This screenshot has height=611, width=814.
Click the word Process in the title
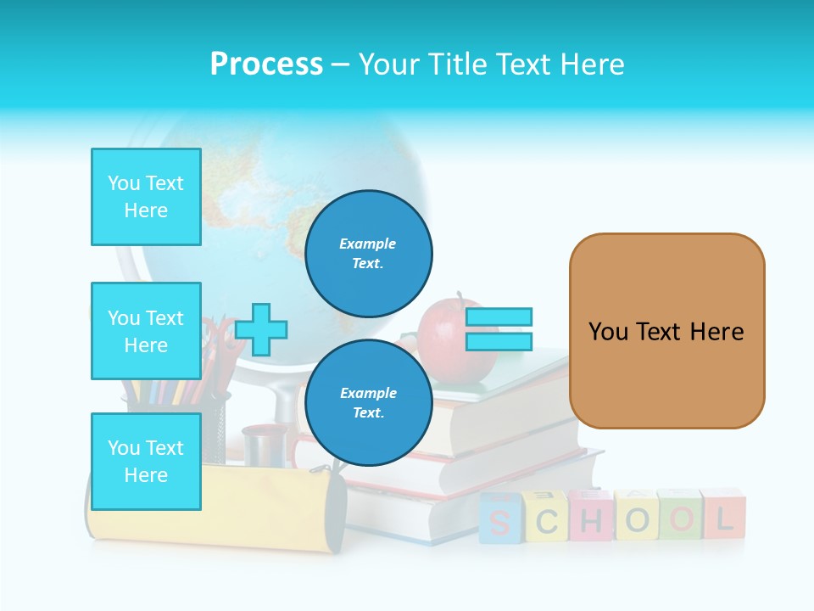click(266, 64)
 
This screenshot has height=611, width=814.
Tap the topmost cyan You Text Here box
click(146, 197)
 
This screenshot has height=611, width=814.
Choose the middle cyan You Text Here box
click(146, 331)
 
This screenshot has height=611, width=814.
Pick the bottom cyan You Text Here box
click(146, 461)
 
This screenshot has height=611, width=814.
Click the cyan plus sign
click(261, 329)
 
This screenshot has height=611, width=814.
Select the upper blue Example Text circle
click(368, 253)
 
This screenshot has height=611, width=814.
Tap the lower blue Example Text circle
click(368, 402)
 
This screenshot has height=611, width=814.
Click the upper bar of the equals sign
click(499, 317)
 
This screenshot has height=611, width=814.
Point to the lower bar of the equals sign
click(499, 341)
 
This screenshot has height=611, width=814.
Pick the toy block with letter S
click(500, 519)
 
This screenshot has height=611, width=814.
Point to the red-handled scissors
click(222, 344)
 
